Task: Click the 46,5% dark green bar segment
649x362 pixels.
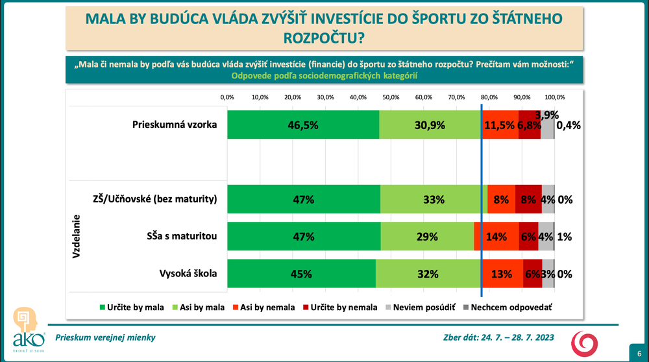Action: pyautogui.click(x=303, y=125)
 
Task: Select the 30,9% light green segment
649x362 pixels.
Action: pyautogui.click(x=430, y=125)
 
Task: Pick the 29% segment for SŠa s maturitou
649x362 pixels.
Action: pyautogui.click(x=427, y=237)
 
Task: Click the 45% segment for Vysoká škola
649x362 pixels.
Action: pyautogui.click(x=302, y=274)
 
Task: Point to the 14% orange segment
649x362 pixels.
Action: pyautogui.click(x=496, y=237)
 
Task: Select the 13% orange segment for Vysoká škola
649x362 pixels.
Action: pyautogui.click(x=502, y=274)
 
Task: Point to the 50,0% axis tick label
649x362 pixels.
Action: pyautogui.click(x=391, y=97)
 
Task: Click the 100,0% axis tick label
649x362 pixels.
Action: pyautogui.click(x=554, y=97)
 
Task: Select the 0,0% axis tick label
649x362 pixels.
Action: pyautogui.click(x=227, y=97)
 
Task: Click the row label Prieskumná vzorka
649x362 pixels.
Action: pyautogui.click(x=174, y=125)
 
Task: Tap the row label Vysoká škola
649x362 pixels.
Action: pyautogui.click(x=188, y=274)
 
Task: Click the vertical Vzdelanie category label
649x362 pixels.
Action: pyautogui.click(x=76, y=237)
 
